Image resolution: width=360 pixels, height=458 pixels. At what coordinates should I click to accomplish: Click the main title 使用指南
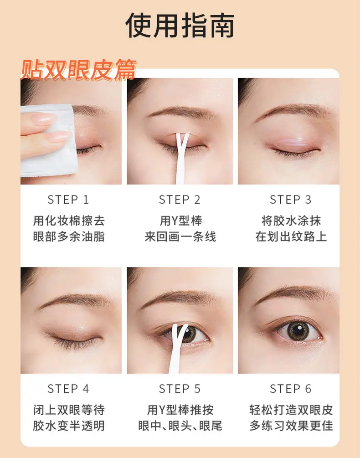tap(180, 26)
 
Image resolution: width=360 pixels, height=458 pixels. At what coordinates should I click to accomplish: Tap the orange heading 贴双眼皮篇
tap(79, 70)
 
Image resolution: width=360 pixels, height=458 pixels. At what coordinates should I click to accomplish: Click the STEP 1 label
tap(68, 200)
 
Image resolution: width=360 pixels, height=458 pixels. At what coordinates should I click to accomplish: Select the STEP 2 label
tap(180, 200)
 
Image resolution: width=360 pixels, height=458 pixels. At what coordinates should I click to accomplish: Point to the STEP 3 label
tap(291, 200)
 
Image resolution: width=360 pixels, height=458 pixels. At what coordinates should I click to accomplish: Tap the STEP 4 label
tap(68, 389)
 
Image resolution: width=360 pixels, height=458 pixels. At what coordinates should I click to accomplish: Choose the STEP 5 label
tap(180, 389)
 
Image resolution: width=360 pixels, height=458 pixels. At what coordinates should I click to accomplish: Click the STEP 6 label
tap(291, 389)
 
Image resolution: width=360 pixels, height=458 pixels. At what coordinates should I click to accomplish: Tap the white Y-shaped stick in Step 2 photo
tap(181, 158)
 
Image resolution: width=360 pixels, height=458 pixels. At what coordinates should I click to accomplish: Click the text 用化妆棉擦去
tap(69, 221)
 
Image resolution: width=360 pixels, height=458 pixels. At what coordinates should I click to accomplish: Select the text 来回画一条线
tap(180, 237)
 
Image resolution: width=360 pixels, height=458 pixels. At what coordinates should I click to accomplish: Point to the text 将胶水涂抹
tap(291, 221)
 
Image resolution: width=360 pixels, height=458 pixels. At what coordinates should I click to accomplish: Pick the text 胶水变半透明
tap(69, 426)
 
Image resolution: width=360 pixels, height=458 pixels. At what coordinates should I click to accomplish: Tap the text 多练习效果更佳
tap(291, 426)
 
